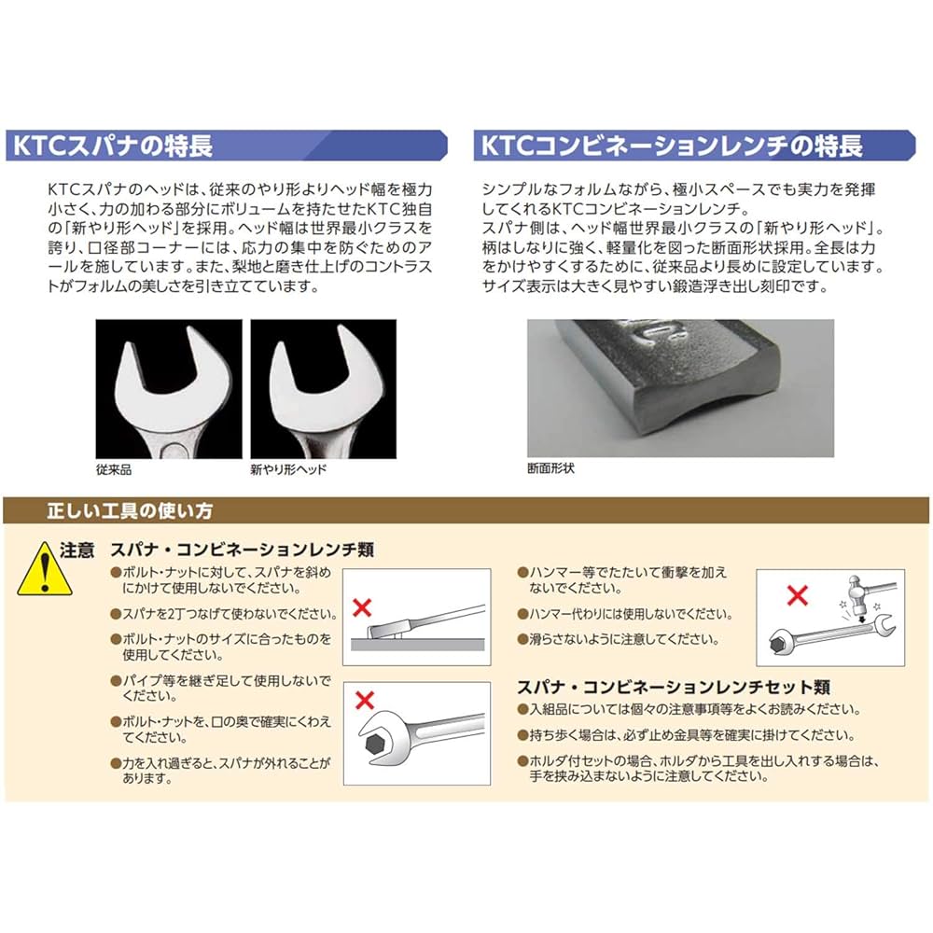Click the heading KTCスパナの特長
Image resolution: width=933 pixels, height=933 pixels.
112,146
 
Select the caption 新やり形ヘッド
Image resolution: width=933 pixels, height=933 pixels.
288,469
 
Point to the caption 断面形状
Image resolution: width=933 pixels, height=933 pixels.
551,468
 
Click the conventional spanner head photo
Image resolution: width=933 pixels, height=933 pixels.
169,389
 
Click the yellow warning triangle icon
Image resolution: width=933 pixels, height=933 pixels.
36,570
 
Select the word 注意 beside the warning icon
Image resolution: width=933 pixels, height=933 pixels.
77,550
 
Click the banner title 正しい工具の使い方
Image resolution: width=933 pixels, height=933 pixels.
130,510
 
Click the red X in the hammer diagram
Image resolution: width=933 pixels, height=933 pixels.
796,593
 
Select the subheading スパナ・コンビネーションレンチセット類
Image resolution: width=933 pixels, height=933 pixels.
674,687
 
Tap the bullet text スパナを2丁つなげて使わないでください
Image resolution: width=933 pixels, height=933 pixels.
230,615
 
